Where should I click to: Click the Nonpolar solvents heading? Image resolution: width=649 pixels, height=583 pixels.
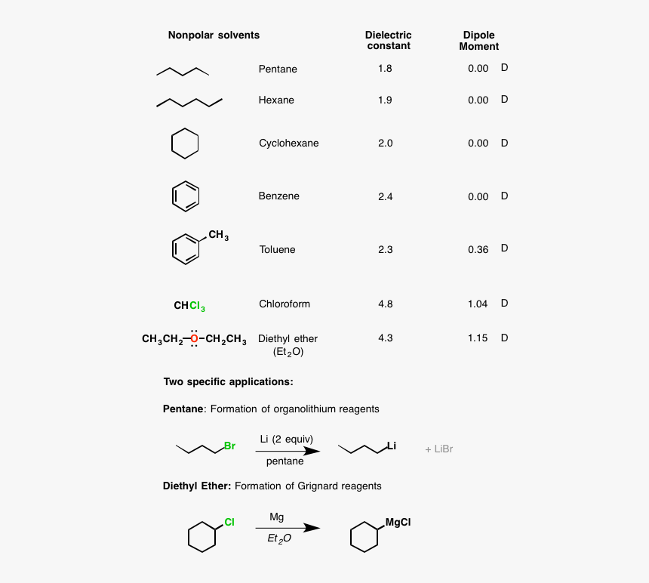pos(214,35)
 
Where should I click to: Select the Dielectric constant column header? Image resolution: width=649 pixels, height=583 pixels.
pos(388,41)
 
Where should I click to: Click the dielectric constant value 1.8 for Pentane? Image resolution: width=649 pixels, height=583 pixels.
pos(385,69)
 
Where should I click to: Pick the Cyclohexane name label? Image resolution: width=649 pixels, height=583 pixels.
pos(288,143)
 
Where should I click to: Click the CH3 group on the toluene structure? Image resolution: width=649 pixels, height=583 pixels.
pos(218,236)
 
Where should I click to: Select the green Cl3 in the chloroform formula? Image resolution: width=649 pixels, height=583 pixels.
pos(197,306)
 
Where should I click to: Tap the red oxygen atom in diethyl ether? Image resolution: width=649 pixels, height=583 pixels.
pos(194,339)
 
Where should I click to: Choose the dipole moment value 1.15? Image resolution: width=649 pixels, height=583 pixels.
pos(478,338)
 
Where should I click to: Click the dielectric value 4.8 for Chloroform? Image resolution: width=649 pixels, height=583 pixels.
pos(385,304)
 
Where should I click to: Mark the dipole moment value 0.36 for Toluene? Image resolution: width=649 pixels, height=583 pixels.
pos(478,250)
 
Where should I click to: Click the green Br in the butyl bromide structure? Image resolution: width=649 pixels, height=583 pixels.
pos(229,446)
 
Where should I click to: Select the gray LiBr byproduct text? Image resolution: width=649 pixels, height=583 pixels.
pos(438,449)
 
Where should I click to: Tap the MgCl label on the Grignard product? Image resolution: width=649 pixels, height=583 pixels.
pos(398,522)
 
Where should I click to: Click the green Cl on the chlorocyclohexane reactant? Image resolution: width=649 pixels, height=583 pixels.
pos(229,522)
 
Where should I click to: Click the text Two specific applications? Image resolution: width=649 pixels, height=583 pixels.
pos(228,381)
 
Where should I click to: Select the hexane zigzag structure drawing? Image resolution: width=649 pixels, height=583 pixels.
pos(189,102)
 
